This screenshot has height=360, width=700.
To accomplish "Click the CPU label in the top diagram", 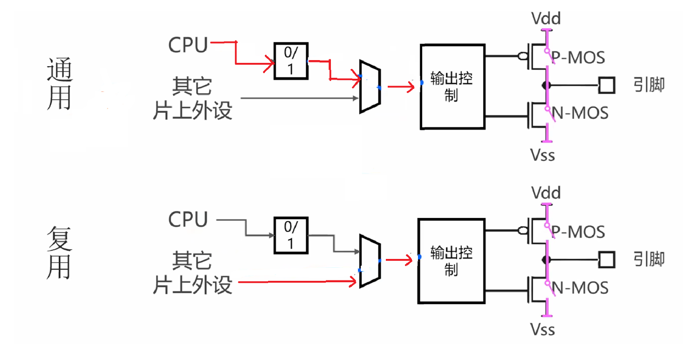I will (188, 45).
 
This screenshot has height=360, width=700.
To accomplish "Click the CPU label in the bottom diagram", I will (188, 219).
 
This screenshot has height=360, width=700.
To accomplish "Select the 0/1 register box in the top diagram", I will (290, 61).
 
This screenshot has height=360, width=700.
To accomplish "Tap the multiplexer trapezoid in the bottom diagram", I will (370, 261).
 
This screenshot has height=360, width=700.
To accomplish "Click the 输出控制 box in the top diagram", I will (452, 86).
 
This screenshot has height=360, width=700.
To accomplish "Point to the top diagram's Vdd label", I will (546, 19).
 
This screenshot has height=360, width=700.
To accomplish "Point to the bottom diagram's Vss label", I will (543, 330).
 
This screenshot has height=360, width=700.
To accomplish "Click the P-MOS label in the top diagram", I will (578, 57).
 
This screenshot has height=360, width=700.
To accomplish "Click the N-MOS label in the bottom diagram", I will (580, 288).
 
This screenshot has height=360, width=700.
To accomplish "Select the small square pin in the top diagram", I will (606, 85).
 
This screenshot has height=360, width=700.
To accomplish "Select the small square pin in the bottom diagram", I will (606, 259).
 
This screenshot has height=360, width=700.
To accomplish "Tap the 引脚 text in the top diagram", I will (649, 85).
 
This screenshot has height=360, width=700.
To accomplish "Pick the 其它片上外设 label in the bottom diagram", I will (192, 273).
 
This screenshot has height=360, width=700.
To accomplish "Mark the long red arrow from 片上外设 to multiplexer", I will (298, 281).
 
